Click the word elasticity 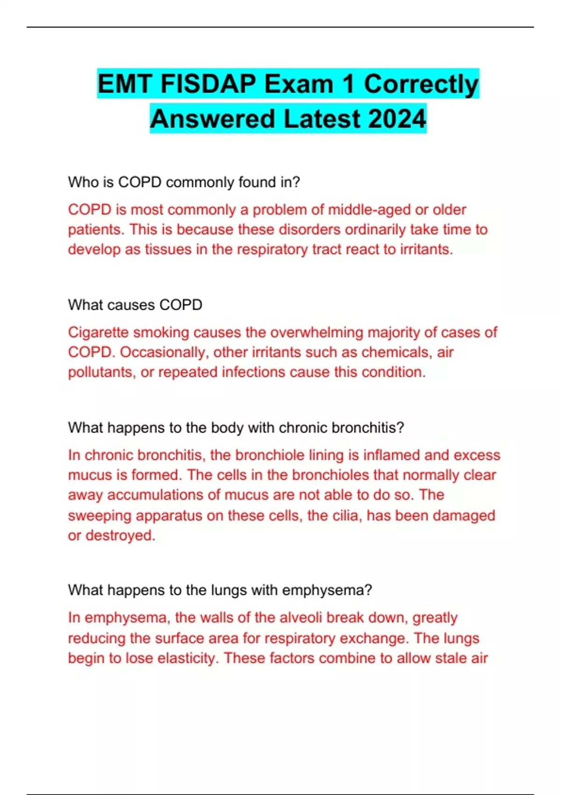(187, 658)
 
